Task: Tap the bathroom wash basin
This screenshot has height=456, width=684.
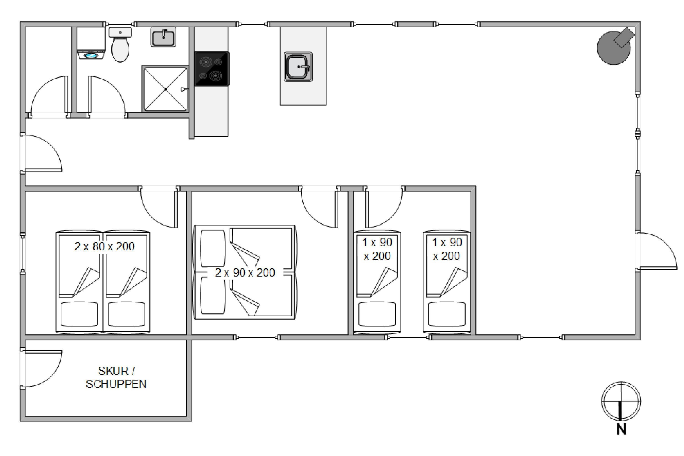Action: (163, 37)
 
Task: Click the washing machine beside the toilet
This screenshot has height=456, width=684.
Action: (91, 43)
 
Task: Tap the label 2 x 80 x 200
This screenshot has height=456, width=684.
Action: (104, 247)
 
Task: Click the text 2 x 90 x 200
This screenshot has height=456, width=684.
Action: (245, 273)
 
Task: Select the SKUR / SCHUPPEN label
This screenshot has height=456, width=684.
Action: (116, 378)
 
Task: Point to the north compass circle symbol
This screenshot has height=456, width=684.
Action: (621, 401)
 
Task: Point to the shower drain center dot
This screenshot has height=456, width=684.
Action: (166, 89)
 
